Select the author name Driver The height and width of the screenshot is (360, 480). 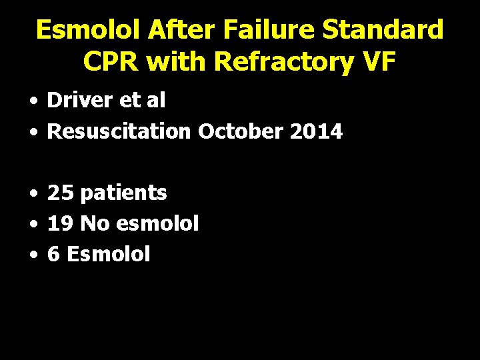73,101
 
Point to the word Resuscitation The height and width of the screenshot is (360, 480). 119,131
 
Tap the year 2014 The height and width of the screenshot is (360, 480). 316,131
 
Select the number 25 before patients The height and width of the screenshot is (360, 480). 60,193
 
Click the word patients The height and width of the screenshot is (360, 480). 123,194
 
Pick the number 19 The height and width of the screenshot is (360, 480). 60,224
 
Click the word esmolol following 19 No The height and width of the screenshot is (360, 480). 157,224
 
